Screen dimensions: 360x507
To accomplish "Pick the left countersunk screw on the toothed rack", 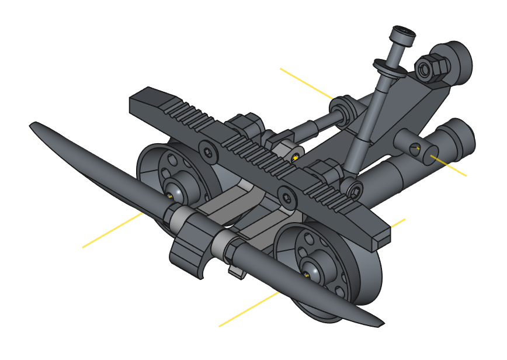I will pos(208,151).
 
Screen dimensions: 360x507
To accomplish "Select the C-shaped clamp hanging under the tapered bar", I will pos(190,258).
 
